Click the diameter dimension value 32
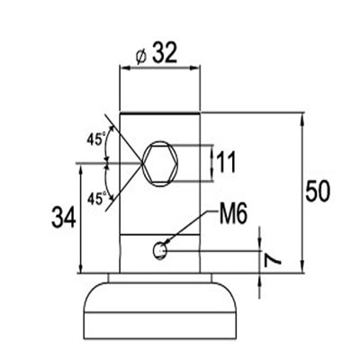(x=165, y=53)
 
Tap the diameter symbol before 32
(x=140, y=57)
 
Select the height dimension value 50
(x=318, y=191)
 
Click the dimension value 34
(x=64, y=218)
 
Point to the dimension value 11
(x=226, y=162)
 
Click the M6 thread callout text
(x=233, y=214)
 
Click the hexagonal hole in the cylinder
(x=160, y=164)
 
